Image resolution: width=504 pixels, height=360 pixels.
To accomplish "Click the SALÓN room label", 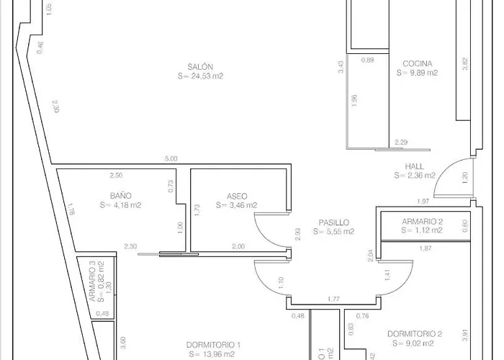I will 201,66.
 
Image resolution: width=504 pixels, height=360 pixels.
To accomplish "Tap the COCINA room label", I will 418,63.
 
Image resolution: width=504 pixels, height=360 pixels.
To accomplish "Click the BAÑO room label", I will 121,195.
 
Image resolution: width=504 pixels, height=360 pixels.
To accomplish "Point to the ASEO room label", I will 237,196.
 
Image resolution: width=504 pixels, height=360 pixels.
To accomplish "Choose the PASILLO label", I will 334,222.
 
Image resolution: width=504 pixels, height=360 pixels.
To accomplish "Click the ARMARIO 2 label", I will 423,221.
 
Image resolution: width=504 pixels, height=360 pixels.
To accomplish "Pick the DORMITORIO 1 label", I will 213,344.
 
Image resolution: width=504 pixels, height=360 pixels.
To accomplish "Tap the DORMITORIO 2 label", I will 414,334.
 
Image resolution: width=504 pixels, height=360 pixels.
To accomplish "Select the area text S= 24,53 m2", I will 201,76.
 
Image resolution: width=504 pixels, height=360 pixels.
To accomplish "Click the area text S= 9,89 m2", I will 418,73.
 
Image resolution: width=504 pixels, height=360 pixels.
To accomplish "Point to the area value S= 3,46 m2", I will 237,205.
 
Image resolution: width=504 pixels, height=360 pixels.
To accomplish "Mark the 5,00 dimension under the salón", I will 171,158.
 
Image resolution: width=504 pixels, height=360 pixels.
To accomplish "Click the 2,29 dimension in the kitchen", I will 400,143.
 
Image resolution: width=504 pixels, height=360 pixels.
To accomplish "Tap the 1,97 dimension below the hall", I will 423,200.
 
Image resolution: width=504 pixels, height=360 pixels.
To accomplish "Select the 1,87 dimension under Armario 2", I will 426,248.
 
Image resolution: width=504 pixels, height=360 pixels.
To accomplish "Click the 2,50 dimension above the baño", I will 115,175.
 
